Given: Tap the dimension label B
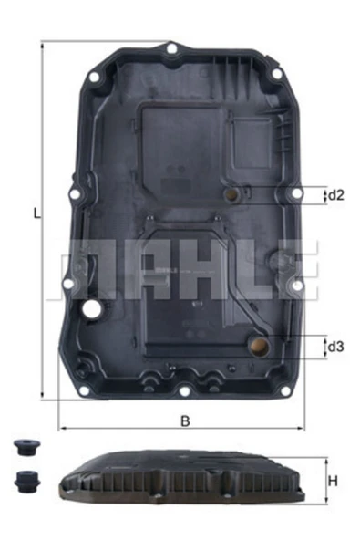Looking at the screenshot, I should pos(185,421).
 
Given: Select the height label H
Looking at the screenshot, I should pos(334,481).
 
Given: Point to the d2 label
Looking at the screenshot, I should pos(335,194).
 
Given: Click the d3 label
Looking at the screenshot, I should pos(335,347).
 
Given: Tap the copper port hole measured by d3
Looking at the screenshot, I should pos(260,346).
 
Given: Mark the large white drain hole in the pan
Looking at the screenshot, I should pos(91,311).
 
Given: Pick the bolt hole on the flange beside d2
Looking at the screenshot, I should pos(294,194).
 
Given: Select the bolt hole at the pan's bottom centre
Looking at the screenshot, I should pos(183,393).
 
